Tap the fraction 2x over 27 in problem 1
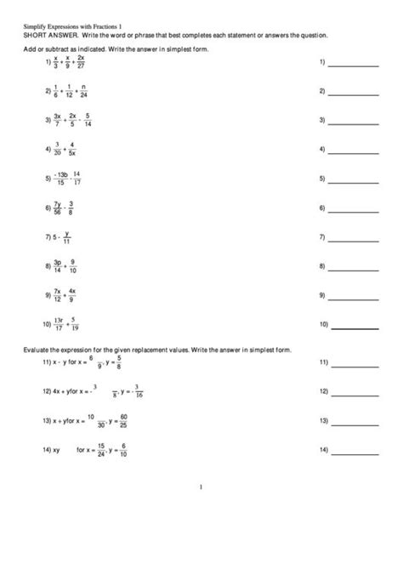point(81,63)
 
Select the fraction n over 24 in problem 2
point(82,92)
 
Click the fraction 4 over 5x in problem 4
point(71,150)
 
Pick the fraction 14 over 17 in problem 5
point(77,179)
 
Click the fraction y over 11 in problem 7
point(66,236)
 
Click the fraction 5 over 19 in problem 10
point(75,324)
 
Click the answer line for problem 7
point(354,239)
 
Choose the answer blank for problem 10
point(354,327)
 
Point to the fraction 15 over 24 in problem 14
point(101,449)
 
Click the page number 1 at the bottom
point(201,487)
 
